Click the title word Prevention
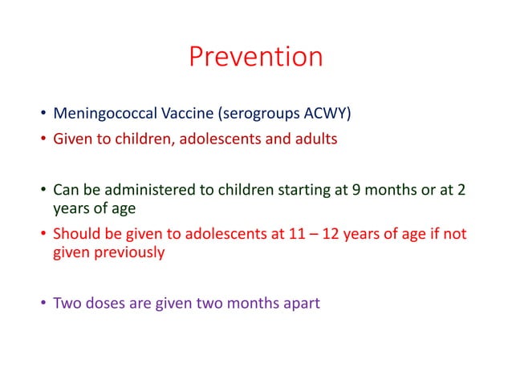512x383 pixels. pyautogui.click(x=255, y=57)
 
